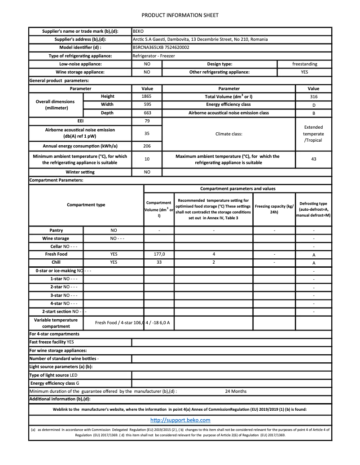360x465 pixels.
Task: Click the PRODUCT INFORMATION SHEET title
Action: (180, 15)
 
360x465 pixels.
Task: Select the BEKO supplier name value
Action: (138, 31)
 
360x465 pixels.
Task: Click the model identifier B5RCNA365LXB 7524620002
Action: (161, 48)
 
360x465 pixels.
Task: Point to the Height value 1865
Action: (147, 96)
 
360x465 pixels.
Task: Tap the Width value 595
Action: (147, 104)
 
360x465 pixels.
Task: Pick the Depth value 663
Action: (147, 113)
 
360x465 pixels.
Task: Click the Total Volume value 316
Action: (313, 97)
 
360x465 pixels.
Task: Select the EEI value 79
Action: (147, 121)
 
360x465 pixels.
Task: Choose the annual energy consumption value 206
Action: (147, 146)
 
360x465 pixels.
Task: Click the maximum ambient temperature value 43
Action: (313, 159)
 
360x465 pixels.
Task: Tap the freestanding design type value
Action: (304, 64)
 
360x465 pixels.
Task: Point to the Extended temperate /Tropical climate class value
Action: (313, 134)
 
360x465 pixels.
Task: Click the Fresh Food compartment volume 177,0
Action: (159, 254)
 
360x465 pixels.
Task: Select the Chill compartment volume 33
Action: (159, 262)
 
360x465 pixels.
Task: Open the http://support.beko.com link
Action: (180, 420)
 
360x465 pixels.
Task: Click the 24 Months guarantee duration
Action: (236, 391)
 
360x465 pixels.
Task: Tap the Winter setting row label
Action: (80, 172)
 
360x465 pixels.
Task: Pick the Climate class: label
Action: (229, 134)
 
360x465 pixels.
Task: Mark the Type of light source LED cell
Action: (53, 375)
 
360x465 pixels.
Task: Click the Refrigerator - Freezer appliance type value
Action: (154, 56)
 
